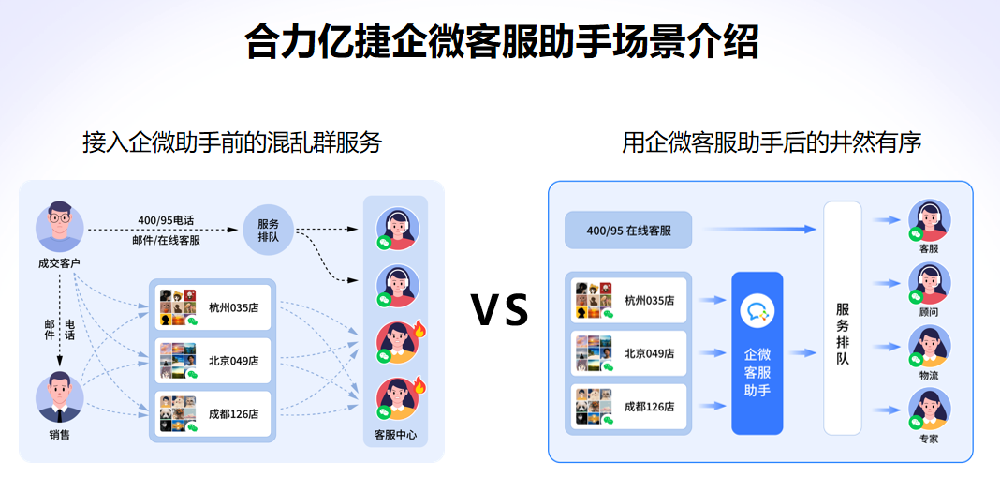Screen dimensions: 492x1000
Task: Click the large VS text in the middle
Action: tap(499, 310)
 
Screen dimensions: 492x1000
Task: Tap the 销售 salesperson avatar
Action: tap(60, 397)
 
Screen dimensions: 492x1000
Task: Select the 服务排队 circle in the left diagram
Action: tap(268, 229)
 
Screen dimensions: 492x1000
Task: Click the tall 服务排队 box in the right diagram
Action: tap(842, 318)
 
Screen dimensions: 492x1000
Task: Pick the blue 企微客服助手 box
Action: tap(757, 352)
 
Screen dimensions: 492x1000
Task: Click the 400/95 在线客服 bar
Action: tap(626, 230)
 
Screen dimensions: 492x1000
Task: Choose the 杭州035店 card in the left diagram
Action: tap(213, 306)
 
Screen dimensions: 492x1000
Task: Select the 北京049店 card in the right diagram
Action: tap(629, 353)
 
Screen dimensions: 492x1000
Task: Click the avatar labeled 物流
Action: tap(929, 348)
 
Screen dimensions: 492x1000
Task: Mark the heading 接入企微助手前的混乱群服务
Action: tap(231, 142)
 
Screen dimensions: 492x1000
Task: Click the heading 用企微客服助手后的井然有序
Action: tap(772, 142)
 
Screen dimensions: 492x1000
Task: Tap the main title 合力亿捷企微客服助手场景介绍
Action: tap(501, 42)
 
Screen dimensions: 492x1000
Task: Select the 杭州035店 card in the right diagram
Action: tap(629, 300)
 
